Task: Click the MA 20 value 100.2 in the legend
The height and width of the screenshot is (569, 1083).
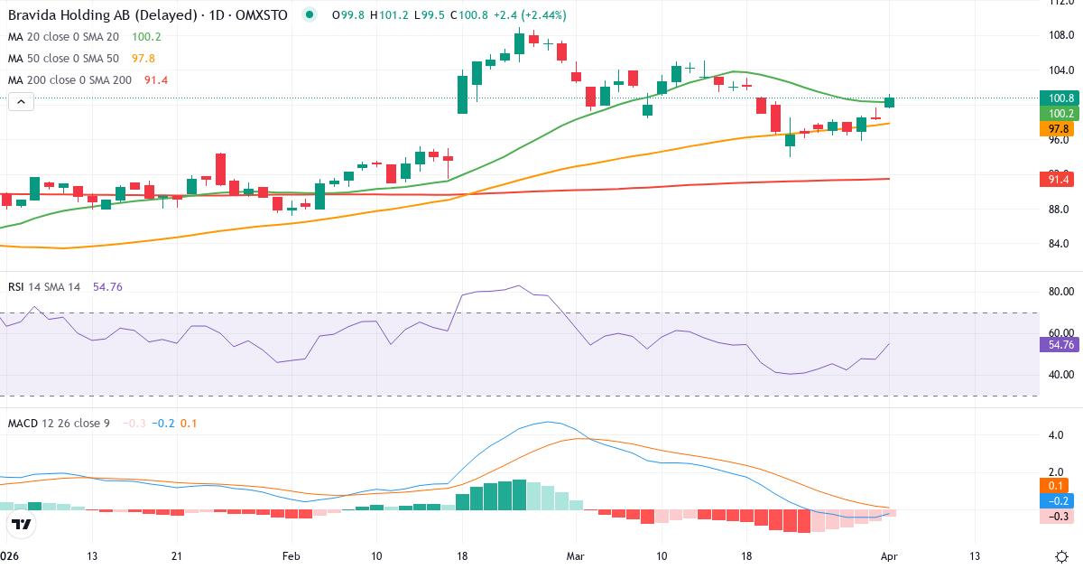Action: (x=145, y=36)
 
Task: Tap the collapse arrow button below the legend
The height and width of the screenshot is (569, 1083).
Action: (x=21, y=102)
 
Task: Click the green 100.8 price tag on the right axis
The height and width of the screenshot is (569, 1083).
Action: (x=1060, y=98)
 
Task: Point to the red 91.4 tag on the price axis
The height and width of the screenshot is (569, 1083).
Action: (x=1060, y=180)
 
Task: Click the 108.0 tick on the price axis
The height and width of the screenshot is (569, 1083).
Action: (x=1060, y=35)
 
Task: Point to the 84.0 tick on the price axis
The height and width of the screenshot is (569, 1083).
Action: (x=1060, y=244)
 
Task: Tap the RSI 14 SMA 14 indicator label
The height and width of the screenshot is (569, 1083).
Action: (x=44, y=286)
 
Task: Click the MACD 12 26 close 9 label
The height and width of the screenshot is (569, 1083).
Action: (x=59, y=423)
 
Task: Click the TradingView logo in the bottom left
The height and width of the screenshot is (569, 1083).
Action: (x=22, y=525)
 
